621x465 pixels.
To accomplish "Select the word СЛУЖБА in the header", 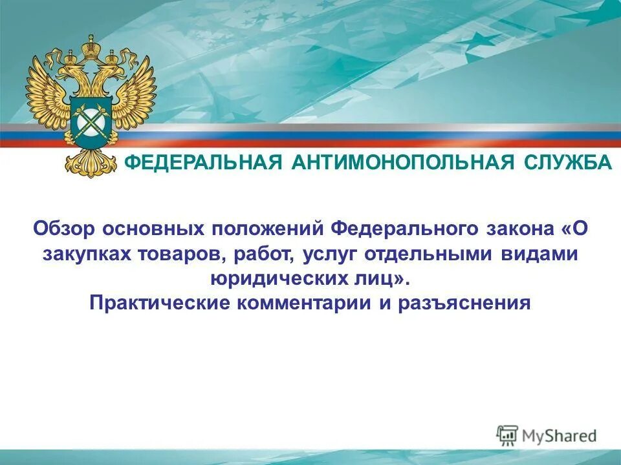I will (571, 163).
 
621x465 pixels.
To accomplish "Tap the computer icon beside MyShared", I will (507, 435).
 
